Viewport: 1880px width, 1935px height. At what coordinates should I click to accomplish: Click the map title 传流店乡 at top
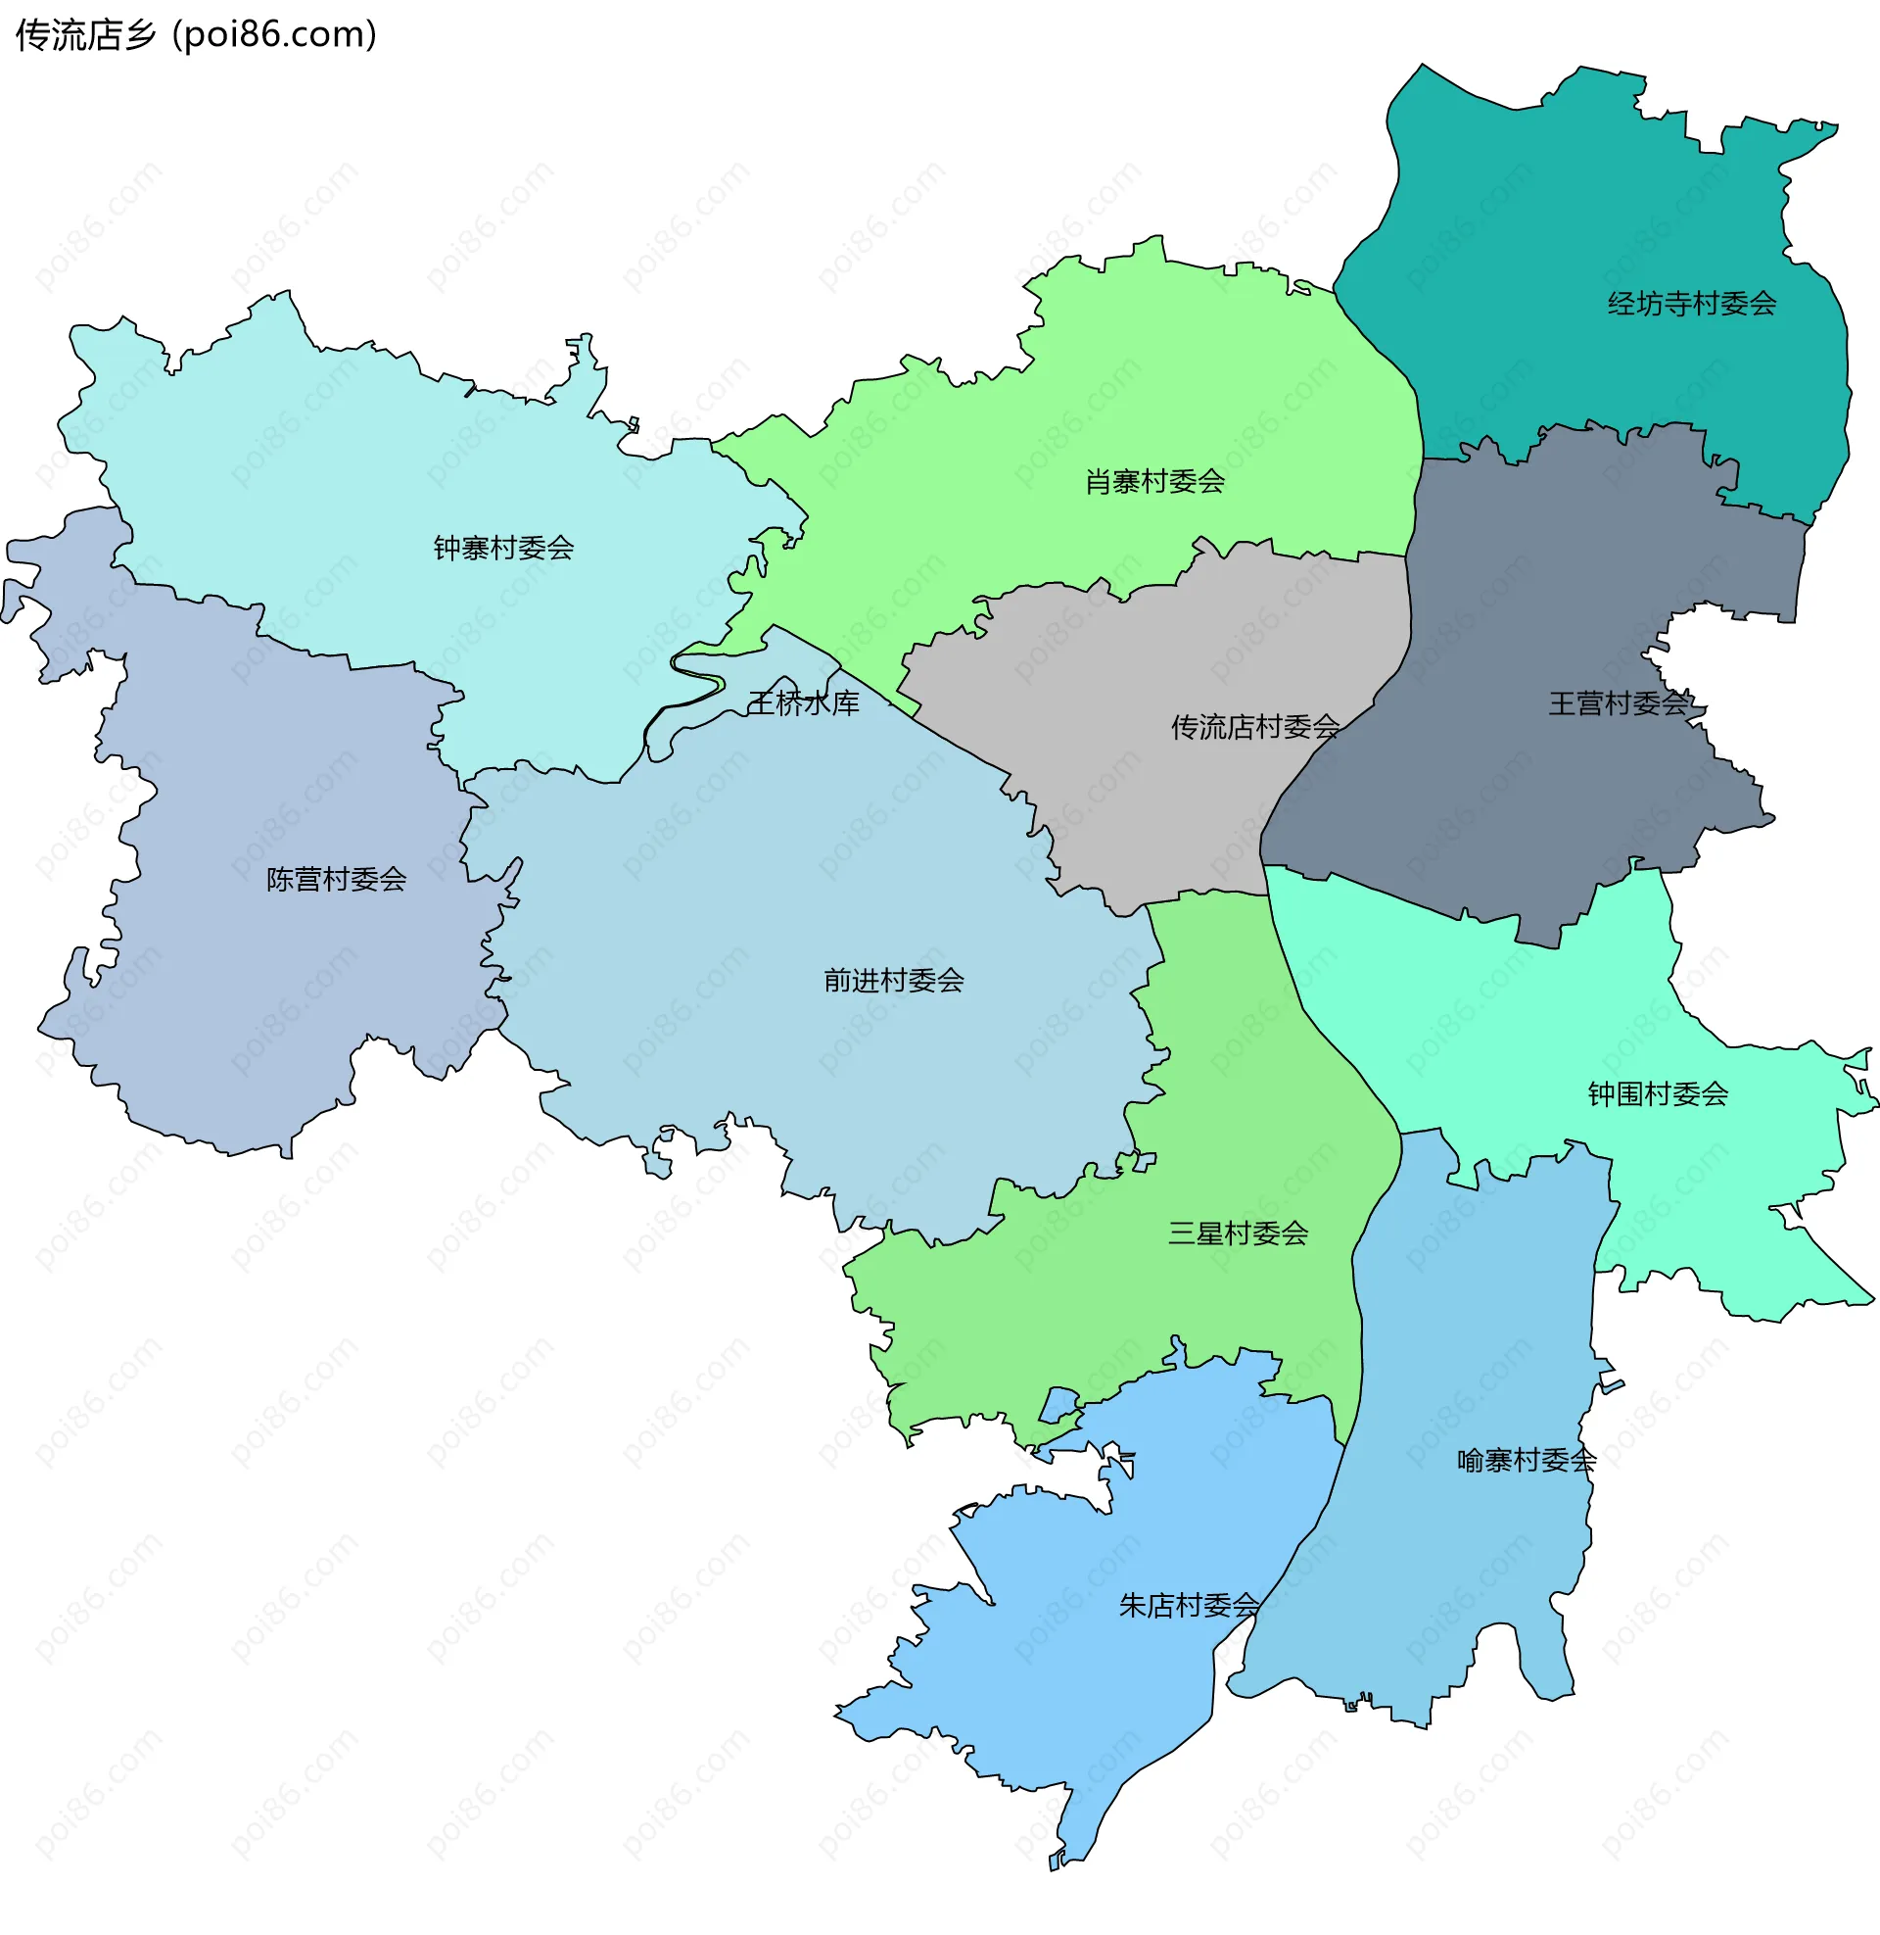click(86, 35)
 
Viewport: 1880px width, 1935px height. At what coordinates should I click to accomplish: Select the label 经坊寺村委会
click(1691, 304)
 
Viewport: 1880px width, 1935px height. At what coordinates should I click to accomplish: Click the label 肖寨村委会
click(1154, 482)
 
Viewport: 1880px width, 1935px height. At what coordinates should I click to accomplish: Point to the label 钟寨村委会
click(503, 549)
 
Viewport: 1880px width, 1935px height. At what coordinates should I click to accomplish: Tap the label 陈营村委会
click(337, 879)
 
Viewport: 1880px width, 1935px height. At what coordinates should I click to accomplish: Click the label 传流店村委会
click(1255, 727)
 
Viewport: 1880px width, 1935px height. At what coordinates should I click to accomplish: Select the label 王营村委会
click(1619, 703)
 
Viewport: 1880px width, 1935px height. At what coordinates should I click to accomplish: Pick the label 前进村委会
click(894, 980)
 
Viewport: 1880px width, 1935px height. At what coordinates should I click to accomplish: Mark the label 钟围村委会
click(1658, 1093)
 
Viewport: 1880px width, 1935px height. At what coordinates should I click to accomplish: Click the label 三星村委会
click(1239, 1233)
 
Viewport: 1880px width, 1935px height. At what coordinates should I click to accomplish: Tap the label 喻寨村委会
click(1527, 1460)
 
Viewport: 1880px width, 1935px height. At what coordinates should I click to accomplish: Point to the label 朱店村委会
click(1189, 1605)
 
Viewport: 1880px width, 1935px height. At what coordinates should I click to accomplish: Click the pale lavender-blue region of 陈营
click(247, 988)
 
